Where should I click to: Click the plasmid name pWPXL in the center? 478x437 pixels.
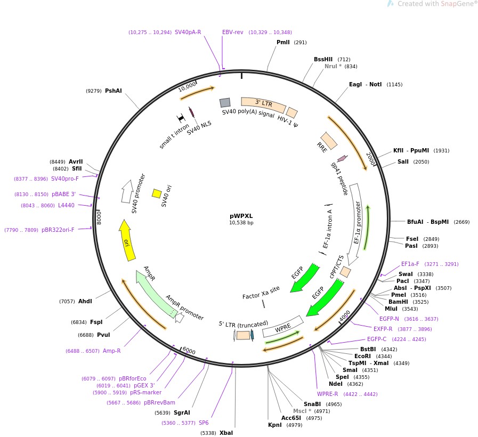tap(241, 216)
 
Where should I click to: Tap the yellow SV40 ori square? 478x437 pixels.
tap(157, 193)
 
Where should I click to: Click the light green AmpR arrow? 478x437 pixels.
tap(156, 293)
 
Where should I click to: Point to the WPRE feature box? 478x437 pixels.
tap(283, 327)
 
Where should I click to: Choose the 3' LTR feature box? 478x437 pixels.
tap(263, 104)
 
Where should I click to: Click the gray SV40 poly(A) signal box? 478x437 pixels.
tap(225, 103)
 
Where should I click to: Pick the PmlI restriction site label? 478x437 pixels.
tap(283, 42)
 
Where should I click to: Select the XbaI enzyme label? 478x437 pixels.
tap(226, 433)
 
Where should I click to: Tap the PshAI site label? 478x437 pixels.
tap(113, 91)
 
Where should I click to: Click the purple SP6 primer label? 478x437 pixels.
tap(204, 423)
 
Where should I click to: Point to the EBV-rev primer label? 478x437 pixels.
tap(232, 32)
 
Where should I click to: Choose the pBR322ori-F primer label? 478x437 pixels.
tap(58, 230)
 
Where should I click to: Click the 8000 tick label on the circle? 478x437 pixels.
tap(99, 217)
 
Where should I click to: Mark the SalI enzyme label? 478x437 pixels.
tap(403, 161)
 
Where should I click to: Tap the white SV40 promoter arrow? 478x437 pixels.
tap(127, 191)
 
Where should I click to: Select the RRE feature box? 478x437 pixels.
tap(329, 141)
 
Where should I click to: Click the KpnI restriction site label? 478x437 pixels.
tap(274, 425)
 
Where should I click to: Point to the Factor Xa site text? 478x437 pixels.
tap(261, 293)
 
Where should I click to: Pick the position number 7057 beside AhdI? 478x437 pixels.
tap(67, 301)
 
